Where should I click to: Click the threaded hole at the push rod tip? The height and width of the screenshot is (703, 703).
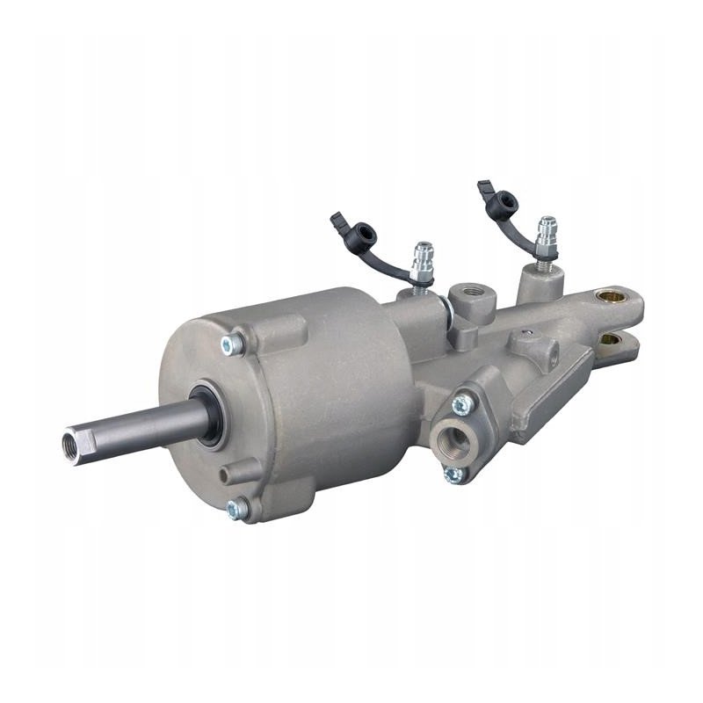pos(71,438)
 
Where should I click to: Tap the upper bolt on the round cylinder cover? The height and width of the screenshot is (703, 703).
pos(232,345)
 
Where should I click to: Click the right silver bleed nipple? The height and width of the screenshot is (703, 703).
pos(547,235)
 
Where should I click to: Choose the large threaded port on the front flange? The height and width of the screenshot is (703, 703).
pos(454,437)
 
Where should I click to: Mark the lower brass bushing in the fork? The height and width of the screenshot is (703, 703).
pos(608,338)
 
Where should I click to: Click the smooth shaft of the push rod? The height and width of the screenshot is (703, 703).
pos(149,424)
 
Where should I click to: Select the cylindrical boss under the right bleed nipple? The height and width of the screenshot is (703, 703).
pos(538,280)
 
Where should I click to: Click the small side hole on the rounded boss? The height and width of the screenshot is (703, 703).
pos(529,334)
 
